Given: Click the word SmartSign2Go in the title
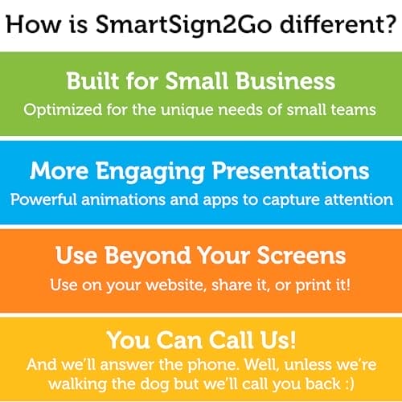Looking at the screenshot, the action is pos(183,26).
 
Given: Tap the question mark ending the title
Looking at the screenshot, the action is pos(388,23).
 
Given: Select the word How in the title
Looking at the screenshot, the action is pos(34,24).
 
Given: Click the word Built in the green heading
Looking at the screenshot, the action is pos(92,80).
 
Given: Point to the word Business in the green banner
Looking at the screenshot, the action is pos(285,80).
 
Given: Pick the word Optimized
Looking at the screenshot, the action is pos(63,110).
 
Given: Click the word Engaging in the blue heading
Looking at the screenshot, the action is pos(150,171).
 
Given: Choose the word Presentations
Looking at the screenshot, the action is pos(291,170).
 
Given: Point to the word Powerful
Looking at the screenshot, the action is pos(43,199).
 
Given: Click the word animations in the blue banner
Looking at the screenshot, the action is pos(124,199).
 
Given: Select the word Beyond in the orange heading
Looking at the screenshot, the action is pos(147,256).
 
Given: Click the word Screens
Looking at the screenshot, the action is pos(301,256).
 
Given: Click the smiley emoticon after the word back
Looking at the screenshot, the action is pos(350,384).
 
